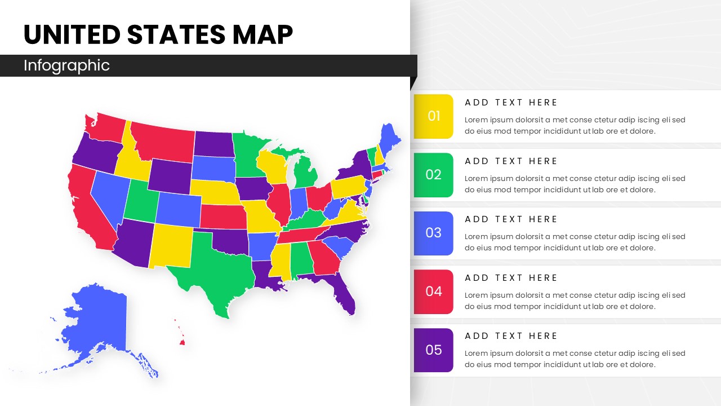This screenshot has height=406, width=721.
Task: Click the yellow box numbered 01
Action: point(433,116)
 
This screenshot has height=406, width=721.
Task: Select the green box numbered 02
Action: point(433,175)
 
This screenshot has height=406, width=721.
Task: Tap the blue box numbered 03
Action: point(433,233)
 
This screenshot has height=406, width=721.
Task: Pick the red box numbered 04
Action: point(433,292)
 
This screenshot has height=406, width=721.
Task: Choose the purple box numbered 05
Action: point(433,350)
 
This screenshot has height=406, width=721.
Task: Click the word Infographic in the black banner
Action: point(66,65)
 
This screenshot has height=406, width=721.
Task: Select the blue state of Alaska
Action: point(96,327)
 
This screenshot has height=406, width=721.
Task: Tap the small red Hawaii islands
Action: point(181,340)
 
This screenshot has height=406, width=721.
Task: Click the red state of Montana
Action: point(163,141)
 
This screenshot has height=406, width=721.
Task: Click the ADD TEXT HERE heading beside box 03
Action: point(511,219)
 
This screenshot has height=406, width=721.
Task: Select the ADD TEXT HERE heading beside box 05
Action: point(511,336)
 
